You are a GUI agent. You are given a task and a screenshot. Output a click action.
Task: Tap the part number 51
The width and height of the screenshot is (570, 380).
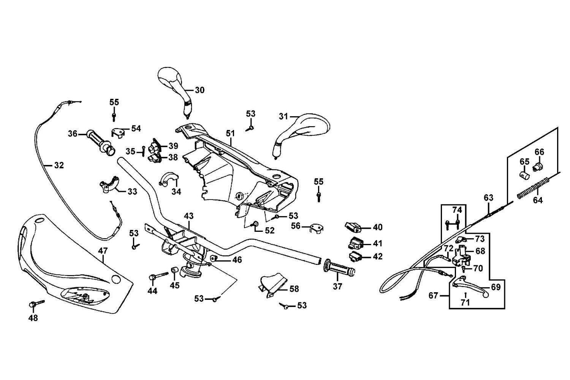pos(230,133)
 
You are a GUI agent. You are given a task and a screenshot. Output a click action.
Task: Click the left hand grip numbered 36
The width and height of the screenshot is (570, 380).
pos(100,140)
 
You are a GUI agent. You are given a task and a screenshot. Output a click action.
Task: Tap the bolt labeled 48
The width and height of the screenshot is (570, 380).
pos(35,304)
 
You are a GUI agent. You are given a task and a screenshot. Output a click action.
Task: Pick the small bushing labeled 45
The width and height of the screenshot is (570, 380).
pos(175,270)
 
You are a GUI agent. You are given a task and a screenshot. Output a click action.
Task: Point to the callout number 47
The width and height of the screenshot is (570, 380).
pos(103,250)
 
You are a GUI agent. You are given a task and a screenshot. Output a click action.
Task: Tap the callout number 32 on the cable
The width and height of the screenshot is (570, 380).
pos(59,165)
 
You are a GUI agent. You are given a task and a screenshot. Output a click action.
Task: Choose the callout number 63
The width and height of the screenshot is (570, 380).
pos(488,198)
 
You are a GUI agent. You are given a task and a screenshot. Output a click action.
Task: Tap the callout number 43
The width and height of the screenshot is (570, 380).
pos(189,216)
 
